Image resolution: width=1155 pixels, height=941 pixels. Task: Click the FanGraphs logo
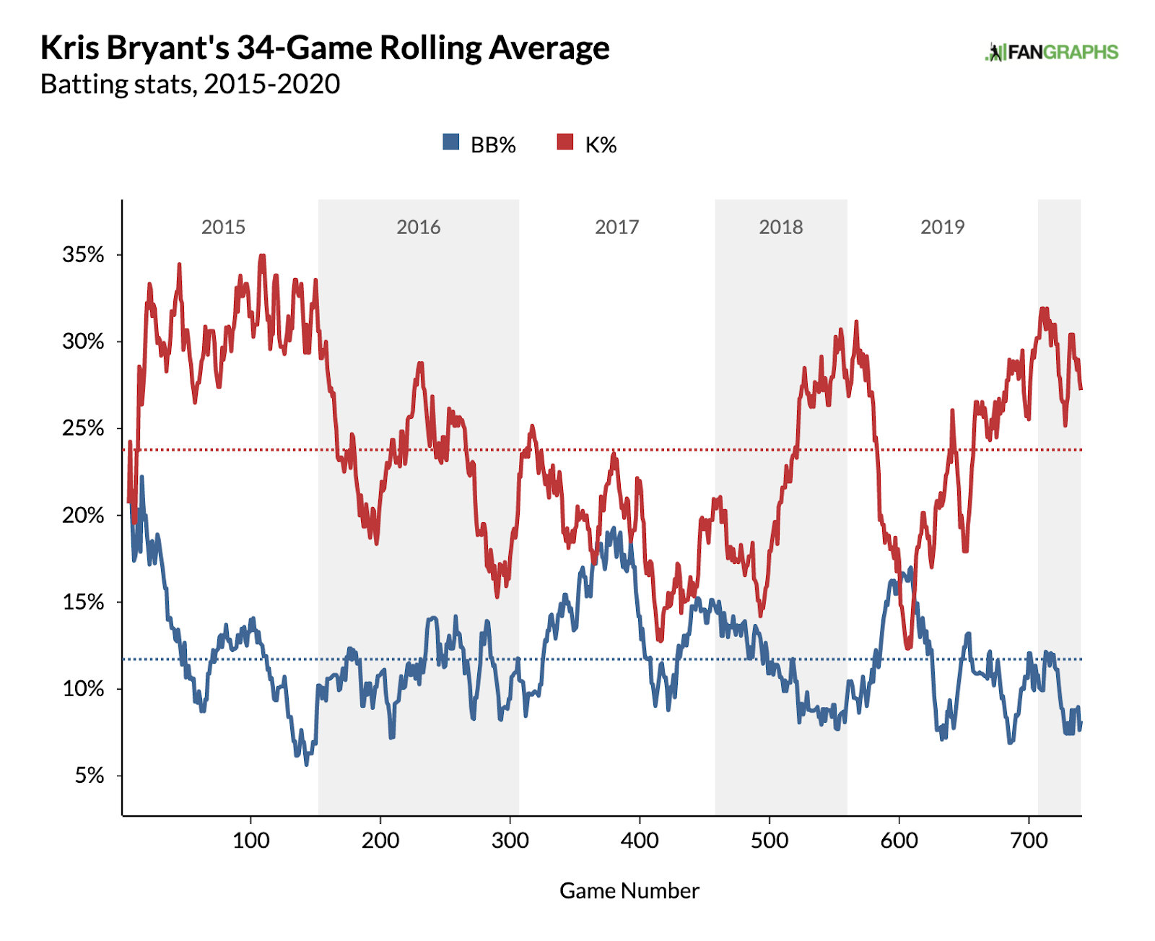(x=1051, y=52)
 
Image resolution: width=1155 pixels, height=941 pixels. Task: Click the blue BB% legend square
(x=451, y=142)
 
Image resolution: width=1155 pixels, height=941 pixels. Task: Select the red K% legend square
(x=565, y=142)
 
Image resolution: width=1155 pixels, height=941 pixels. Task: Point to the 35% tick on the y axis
(x=83, y=255)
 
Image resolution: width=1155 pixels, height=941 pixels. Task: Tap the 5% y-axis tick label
(x=90, y=776)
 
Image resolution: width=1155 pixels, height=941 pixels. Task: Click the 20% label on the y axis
(x=83, y=516)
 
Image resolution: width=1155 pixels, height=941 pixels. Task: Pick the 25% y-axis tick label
(x=83, y=428)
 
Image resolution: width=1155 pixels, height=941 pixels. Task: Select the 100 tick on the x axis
(x=250, y=841)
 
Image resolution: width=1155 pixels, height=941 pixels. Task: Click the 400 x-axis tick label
(x=640, y=841)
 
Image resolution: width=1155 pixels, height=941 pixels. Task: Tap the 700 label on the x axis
(x=1029, y=841)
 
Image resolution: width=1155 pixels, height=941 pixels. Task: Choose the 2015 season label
(x=223, y=227)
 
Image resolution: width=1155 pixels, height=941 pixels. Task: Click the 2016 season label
(x=418, y=227)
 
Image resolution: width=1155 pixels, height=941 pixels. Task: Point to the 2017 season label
(x=616, y=227)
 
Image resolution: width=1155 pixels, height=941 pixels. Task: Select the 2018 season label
(x=780, y=227)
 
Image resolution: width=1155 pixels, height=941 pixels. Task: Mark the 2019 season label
(x=942, y=227)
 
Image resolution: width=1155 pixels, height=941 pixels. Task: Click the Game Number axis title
(x=629, y=891)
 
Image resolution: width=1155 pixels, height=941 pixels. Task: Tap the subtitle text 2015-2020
(x=271, y=84)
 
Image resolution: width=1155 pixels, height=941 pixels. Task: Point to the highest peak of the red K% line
(x=262, y=256)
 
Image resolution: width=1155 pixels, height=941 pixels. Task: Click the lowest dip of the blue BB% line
(x=307, y=763)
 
